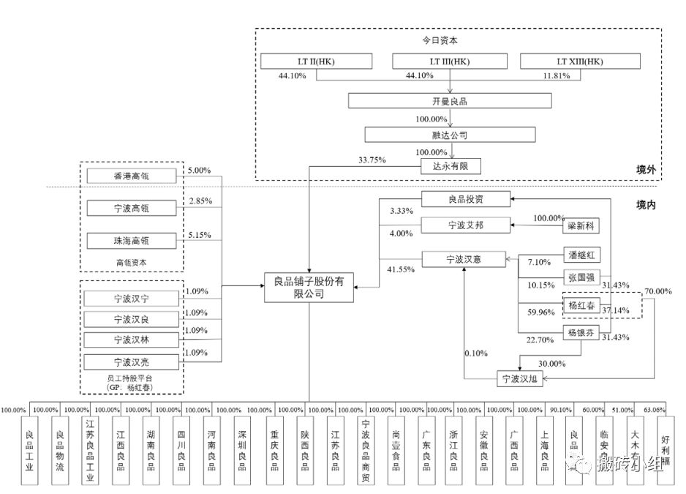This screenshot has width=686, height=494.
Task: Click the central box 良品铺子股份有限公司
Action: coord(309,287)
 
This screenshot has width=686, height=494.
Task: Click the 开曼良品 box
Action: coord(450,102)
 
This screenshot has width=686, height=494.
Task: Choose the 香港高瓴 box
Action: coord(132,176)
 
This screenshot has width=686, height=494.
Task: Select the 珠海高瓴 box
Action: coord(132,240)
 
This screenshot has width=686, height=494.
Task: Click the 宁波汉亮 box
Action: coord(132,361)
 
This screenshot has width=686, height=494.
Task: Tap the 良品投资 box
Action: coord(465,198)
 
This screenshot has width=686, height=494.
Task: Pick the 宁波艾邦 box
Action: coord(465,225)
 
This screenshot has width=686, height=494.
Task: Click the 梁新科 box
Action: coord(582,226)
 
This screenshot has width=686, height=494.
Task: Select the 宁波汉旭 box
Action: coord(520,378)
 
